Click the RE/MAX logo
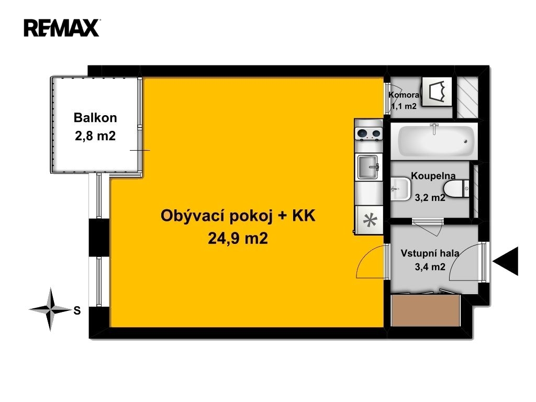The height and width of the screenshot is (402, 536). click(62, 28)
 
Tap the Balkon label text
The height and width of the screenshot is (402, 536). click(95, 118)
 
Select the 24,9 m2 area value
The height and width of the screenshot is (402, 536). click(238, 238)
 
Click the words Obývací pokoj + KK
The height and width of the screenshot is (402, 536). click(238, 216)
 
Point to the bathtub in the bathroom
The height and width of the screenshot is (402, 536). click(434, 141)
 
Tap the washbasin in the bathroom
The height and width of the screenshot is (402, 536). click(400, 188)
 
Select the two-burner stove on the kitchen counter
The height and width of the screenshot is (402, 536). click(368, 133)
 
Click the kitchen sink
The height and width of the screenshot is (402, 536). click(368, 167)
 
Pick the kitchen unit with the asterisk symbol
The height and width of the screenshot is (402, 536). click(369, 220)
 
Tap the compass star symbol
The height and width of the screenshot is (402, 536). click(51, 310)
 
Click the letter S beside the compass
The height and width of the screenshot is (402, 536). click(77, 310)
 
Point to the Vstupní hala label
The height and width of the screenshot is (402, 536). click(430, 253)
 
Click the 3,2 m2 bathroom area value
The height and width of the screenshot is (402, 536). click(430, 197)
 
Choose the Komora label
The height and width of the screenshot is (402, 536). click(404, 95)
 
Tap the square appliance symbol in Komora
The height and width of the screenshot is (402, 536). click(437, 91)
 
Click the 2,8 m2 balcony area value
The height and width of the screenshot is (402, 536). click(95, 136)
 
